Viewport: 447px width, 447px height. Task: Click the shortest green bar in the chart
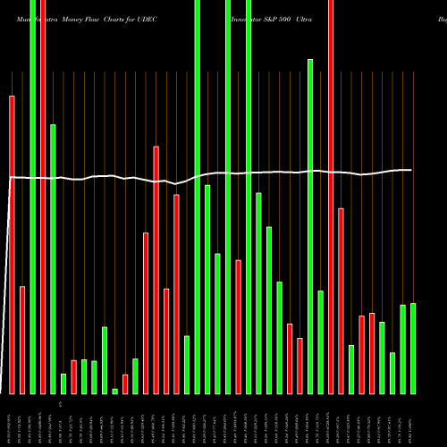tap(114, 391)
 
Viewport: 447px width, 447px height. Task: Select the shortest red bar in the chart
tap(125, 384)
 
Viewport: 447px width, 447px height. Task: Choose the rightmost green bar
tap(413, 349)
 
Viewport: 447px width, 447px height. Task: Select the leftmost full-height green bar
tap(33, 197)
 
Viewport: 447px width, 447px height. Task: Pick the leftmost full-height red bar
tap(43, 197)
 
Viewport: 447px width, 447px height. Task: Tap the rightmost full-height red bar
tap(331, 197)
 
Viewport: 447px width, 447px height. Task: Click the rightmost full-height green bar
tap(249, 197)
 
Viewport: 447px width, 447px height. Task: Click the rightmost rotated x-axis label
tap(413, 420)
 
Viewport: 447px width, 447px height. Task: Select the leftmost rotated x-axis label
tap(13, 420)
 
